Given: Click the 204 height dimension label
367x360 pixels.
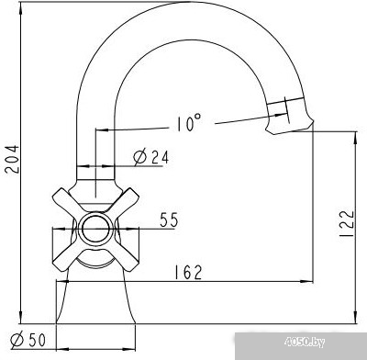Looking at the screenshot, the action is coord(13,159).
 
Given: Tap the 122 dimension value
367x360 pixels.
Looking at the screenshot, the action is coord(347,223).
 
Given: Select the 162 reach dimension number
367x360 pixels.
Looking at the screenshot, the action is coord(188,272).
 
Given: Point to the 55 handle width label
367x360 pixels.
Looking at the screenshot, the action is coord(169,219).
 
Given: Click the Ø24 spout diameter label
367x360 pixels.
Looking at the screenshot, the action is coord(151,157).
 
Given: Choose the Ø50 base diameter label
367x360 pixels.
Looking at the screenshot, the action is coord(28,340).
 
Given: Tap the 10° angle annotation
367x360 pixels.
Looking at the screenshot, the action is coord(189,123).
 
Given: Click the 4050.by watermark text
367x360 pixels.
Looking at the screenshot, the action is coord(305,342).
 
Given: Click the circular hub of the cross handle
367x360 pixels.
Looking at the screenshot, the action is coord(95,229).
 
